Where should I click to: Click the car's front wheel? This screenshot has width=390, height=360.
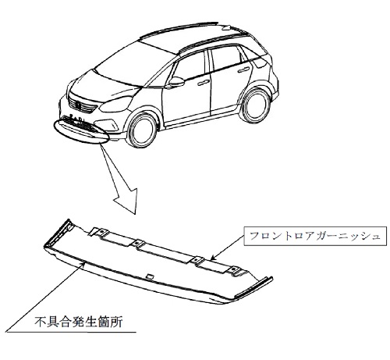click(x=142, y=130)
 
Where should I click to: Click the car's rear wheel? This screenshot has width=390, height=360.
click(x=256, y=106)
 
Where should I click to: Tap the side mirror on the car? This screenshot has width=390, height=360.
click(x=176, y=81)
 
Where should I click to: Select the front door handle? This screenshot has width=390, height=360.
click(x=204, y=83)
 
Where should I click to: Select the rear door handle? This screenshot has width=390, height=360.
click(x=243, y=70)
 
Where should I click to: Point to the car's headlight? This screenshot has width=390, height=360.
click(x=115, y=105)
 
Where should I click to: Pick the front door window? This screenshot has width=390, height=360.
click(x=190, y=67)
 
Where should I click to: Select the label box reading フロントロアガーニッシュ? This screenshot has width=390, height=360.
click(x=315, y=236)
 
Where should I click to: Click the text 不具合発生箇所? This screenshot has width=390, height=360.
click(x=79, y=322)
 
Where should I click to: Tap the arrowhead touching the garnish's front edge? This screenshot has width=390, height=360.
click(x=83, y=265)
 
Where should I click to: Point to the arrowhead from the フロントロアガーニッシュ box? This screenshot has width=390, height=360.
click(x=213, y=258)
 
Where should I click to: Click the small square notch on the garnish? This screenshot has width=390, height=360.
click(x=150, y=276)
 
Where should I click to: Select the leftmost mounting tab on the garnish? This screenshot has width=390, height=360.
click(x=99, y=232)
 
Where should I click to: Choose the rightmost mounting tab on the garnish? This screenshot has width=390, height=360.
click(x=237, y=271)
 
